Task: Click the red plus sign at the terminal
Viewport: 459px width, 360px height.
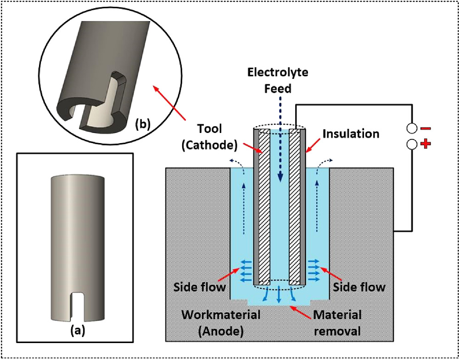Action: pos(425,144)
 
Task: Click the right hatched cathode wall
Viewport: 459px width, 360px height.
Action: pos(295,206)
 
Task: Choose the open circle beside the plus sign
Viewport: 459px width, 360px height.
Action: pos(412,144)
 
